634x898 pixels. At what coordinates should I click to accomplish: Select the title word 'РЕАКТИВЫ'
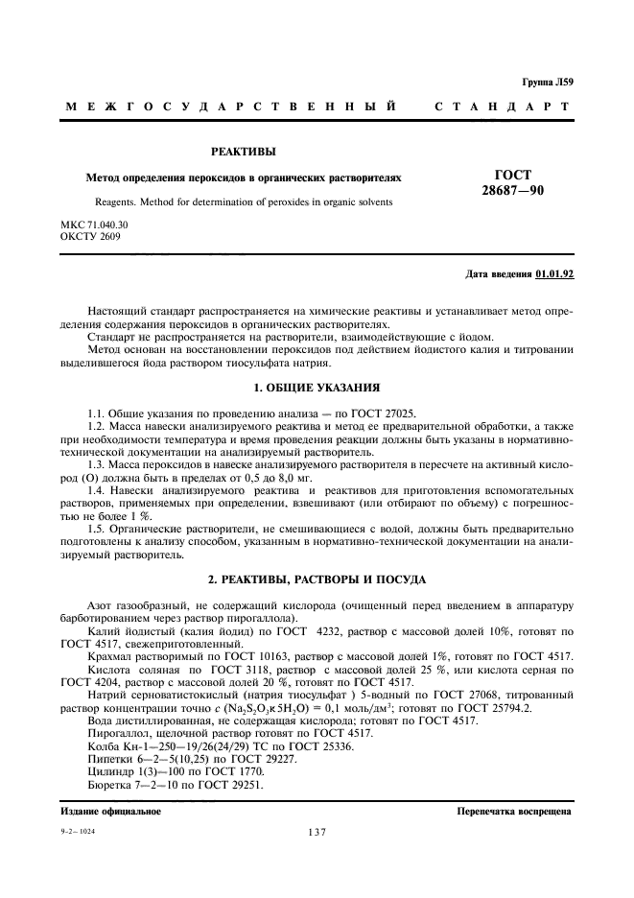point(244,152)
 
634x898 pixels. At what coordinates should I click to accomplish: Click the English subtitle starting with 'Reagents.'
point(244,201)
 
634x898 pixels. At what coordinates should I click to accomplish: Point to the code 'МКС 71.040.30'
point(94,224)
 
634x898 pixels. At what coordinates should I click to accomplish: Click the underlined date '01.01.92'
point(554,274)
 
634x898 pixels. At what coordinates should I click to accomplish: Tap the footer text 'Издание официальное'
point(110,811)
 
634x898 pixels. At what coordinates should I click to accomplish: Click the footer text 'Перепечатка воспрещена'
point(515,811)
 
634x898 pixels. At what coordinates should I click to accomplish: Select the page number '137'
point(317,833)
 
